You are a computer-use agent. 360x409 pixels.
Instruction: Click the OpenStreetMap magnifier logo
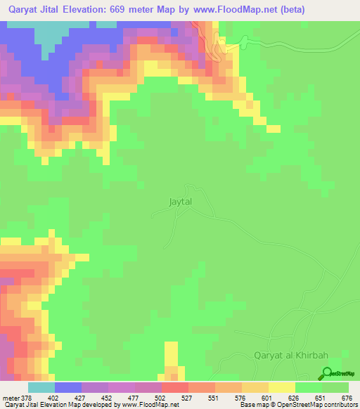(x=327, y=374)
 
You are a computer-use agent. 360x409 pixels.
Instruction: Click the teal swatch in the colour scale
(x=41, y=388)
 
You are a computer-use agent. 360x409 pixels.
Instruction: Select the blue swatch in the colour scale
(x=68, y=388)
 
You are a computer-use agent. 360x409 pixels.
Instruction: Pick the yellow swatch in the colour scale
(x=282, y=388)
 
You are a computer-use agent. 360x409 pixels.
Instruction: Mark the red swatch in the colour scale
(x=175, y=388)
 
